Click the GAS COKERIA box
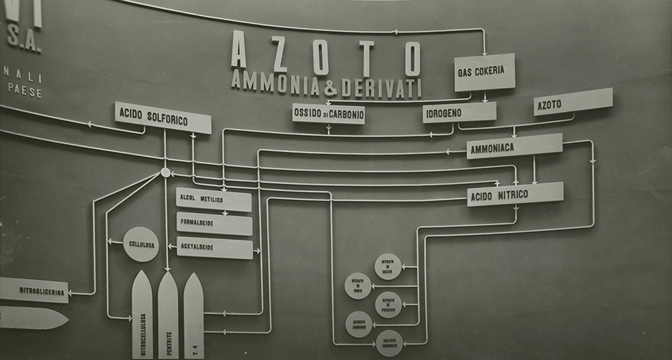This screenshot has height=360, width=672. point(485,72)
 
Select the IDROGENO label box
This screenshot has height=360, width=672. point(460,112)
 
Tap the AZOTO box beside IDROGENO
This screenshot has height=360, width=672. point(573,101)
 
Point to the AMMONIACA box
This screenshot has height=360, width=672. point(514,146)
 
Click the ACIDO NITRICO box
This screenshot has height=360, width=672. point(515,194)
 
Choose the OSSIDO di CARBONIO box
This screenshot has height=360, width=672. point(329,114)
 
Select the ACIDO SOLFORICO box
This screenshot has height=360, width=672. point(163,118)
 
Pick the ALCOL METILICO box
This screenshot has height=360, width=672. point(214,199)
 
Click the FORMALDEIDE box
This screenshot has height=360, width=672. point(214,224)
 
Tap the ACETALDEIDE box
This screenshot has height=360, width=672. point(214,248)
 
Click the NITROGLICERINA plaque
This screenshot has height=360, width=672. point(34,289)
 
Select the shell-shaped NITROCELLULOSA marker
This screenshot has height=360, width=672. point(142,316)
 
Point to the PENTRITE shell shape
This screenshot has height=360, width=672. point(168,316)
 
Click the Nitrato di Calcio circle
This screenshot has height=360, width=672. point(388,267)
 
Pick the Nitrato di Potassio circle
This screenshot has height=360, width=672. point(388,304)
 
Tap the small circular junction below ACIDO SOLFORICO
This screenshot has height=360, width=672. point(165,173)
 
